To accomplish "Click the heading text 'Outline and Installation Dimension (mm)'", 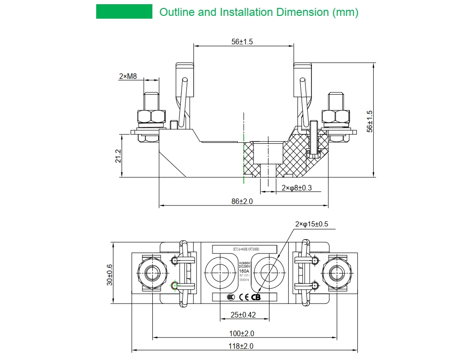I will point(259,12).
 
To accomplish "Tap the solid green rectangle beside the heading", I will point(124,12).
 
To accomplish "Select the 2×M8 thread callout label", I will point(128,76).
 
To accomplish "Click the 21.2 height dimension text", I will point(118,156).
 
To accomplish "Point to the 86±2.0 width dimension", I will point(242,201).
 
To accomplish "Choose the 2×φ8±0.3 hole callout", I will point(297,188).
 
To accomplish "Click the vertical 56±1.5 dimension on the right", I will point(370,121).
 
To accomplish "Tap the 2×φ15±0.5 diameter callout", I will point(311,224).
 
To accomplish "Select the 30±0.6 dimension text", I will point(110,275).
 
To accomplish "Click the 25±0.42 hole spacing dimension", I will point(243,315).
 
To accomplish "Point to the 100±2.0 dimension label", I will point(241,333).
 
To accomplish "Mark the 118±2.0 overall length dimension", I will point(241,346).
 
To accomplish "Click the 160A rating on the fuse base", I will point(244,271).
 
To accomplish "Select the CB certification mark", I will point(256,297).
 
